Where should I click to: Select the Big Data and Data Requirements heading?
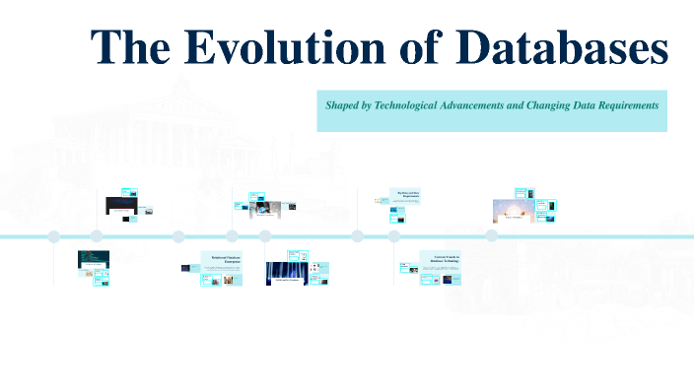tap(408, 194)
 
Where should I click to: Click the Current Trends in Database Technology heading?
tap(440, 258)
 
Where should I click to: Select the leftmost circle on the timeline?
tap(54, 236)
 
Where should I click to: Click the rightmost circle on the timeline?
tap(491, 236)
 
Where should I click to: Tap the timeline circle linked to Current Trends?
tap(394, 236)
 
